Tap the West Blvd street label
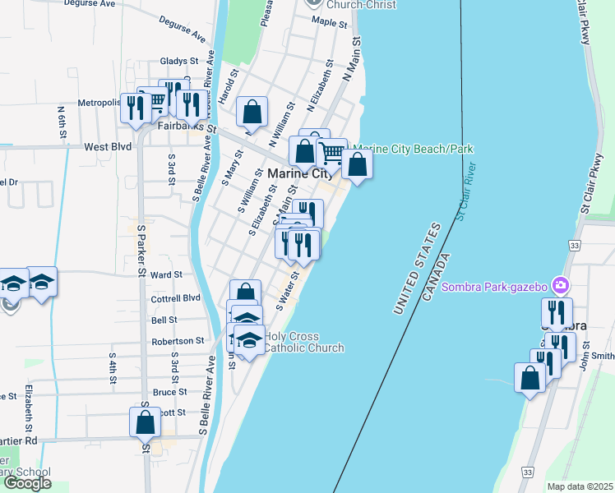click(x=108, y=147)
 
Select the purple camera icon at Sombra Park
click(x=561, y=286)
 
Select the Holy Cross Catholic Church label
click(x=303, y=342)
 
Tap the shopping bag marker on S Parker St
click(x=146, y=422)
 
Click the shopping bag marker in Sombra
click(x=530, y=378)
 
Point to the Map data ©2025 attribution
click(x=580, y=486)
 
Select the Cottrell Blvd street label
click(x=175, y=297)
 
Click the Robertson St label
click(x=178, y=340)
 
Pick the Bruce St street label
click(x=169, y=392)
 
